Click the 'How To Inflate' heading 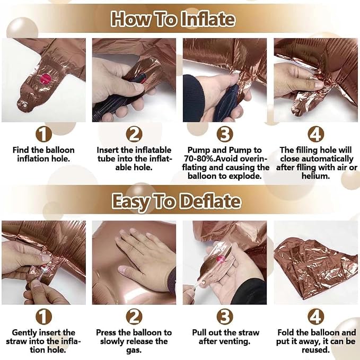[173, 19]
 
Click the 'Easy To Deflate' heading [177, 201]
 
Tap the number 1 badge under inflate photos [43, 134]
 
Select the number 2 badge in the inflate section [134, 134]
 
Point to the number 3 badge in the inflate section [225, 134]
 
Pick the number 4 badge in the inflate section [316, 134]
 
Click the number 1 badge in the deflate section [43, 317]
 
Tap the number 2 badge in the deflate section [134, 317]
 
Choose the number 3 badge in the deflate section [225, 317]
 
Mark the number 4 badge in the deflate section [316, 317]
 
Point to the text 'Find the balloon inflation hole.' [43, 154]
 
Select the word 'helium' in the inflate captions [315, 176]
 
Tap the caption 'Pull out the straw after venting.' [225, 337]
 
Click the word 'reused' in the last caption [315, 350]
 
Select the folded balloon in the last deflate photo [316, 268]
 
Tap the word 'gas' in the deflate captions [134, 350]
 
